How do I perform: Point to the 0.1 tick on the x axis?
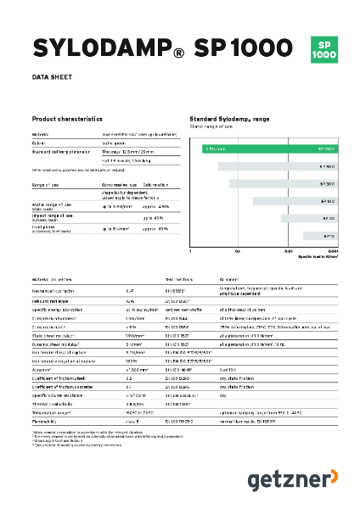click(239, 252)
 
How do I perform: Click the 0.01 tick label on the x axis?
click(288, 252)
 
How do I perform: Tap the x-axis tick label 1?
click(191, 252)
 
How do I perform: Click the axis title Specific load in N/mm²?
click(316, 257)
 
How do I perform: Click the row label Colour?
click(40, 143)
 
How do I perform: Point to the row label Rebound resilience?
click(53, 301)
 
